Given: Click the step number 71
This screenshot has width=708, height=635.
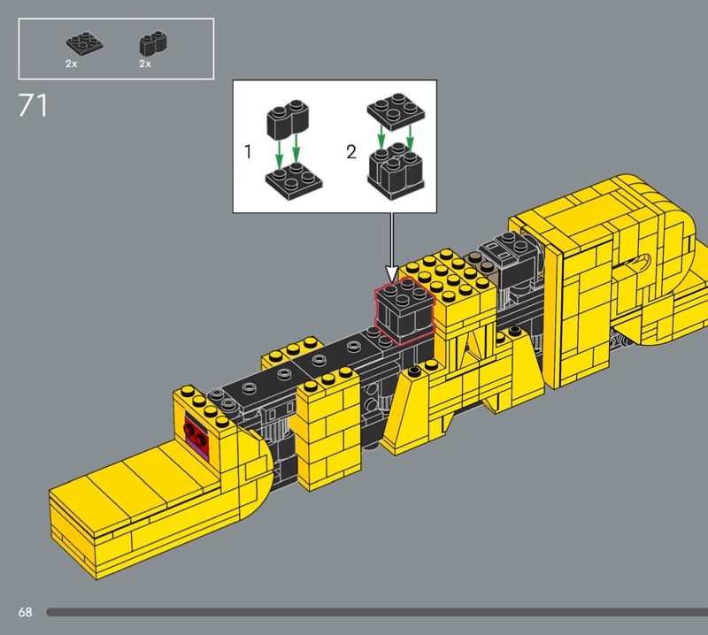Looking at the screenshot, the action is pos(33,105).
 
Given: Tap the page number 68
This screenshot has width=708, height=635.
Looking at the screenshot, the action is pos(26,612).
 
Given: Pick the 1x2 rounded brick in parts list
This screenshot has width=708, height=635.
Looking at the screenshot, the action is pos(153,42).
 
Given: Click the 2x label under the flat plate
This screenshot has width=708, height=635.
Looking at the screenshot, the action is pos(72,64).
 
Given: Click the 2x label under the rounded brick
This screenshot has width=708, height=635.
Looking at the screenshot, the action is pos(145,64).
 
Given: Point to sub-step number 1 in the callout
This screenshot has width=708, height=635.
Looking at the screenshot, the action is pos(248,151).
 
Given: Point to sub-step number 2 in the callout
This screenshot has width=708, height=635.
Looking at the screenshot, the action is pos(351,151).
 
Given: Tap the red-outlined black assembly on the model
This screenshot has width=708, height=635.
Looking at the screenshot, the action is pos(404,310).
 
